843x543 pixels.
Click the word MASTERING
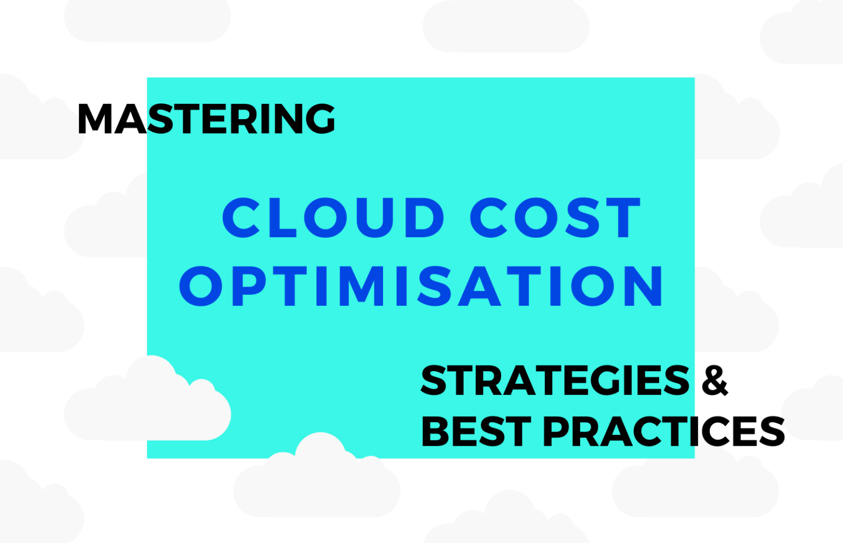click(x=206, y=119)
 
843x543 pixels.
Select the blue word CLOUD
click(x=333, y=217)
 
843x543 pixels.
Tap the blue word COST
click(x=555, y=217)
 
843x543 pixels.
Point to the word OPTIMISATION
click(x=421, y=286)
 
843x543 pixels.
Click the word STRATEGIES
click(x=555, y=380)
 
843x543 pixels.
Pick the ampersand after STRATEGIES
click(x=715, y=380)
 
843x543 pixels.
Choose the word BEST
click(x=476, y=431)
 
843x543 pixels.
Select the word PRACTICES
click(x=664, y=431)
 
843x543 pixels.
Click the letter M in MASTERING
click(x=94, y=119)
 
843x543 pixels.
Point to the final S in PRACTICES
click(x=770, y=431)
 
